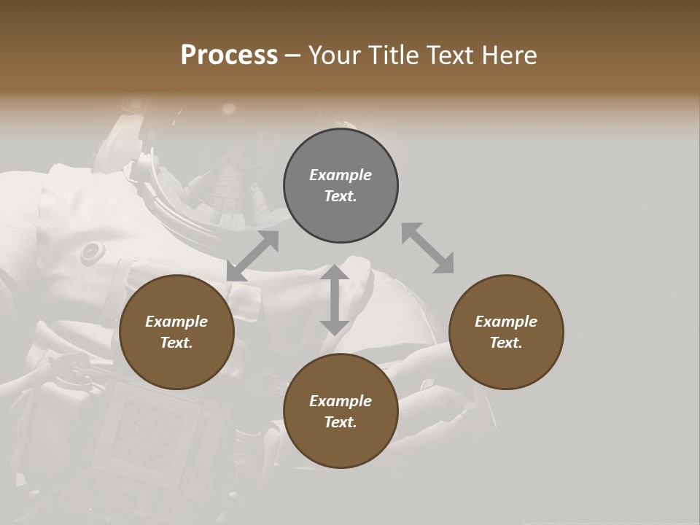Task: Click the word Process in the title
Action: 229,55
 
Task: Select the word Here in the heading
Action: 510,55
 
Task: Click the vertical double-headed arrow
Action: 335,300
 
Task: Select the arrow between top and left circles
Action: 253,255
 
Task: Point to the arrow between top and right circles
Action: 427,248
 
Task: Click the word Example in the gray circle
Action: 341,175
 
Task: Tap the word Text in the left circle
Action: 176,343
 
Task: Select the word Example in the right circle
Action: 506,322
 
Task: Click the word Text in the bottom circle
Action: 341,422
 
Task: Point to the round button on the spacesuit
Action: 92,252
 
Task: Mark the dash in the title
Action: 292,56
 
